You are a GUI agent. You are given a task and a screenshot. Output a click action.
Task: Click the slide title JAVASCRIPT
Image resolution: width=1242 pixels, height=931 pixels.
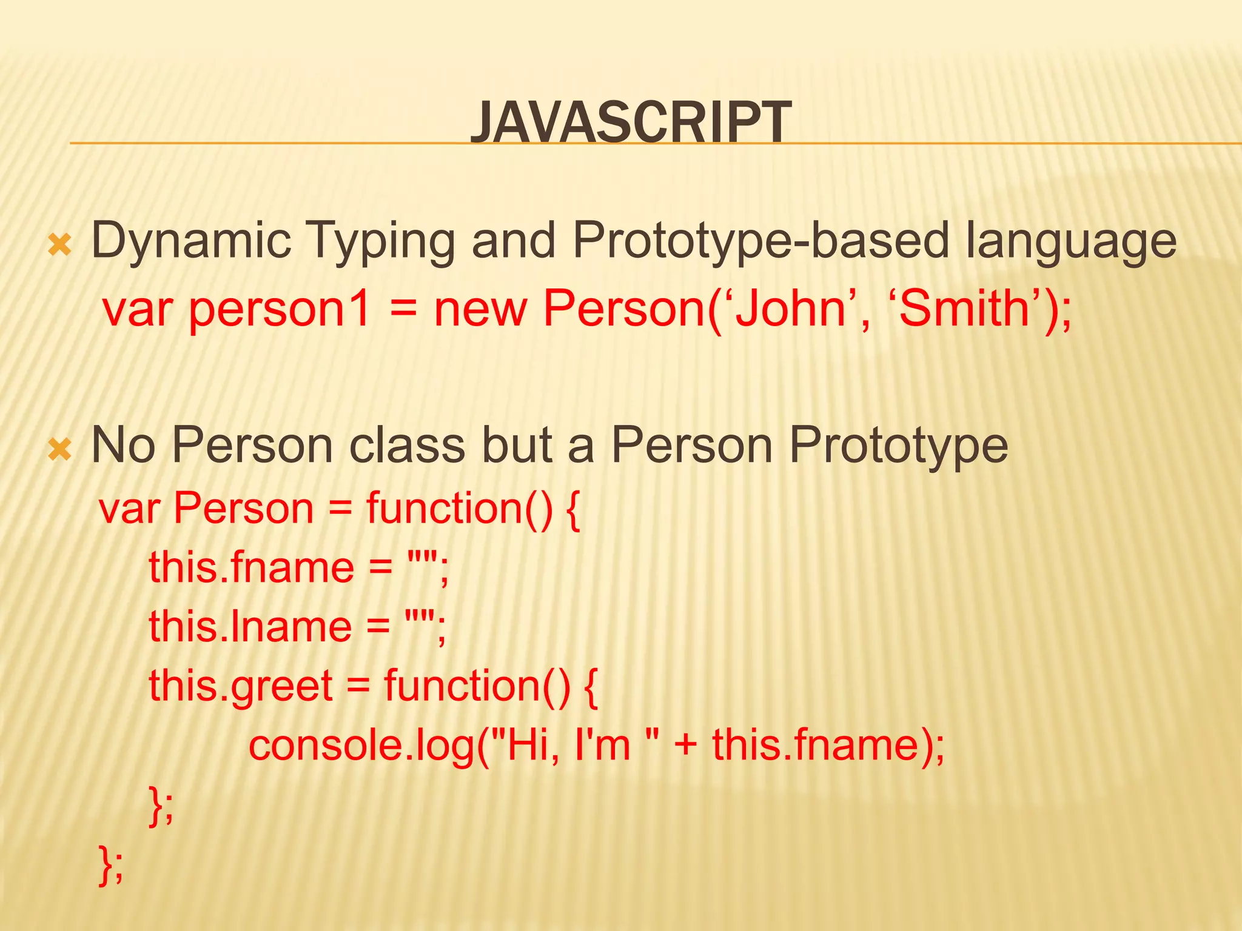(631, 123)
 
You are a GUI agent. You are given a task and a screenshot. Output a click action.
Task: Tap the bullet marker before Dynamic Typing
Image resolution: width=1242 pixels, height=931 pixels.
(60, 245)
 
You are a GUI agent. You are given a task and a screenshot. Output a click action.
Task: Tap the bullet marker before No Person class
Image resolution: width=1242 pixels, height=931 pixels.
(60, 450)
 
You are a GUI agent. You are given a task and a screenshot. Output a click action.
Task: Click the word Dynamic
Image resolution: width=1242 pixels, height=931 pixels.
(191, 241)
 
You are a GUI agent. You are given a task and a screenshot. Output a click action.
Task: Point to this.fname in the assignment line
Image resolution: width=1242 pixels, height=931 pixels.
(251, 567)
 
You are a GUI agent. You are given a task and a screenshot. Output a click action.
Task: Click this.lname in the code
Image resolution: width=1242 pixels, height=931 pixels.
(250, 626)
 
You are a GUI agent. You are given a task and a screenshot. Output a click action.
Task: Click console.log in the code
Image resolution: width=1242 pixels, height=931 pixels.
(361, 745)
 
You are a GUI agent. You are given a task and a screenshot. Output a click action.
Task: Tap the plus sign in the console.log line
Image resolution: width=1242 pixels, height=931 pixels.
(686, 745)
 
